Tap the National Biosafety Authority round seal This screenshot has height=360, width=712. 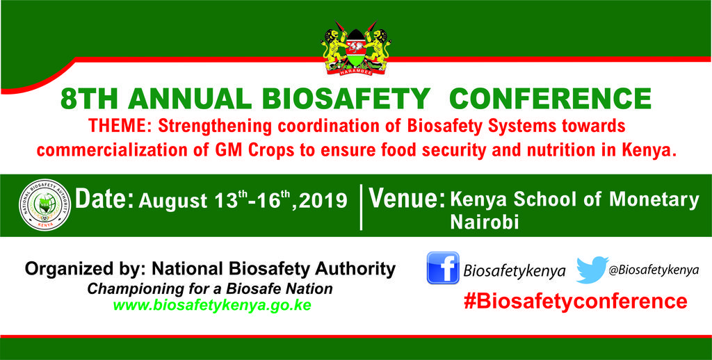pos(45,205)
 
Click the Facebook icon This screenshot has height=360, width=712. pos(443,268)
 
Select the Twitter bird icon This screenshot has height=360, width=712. pos(592,269)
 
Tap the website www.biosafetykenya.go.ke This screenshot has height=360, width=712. pos(212,304)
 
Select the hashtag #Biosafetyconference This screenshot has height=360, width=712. pos(575,302)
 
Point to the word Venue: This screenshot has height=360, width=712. pos(407,199)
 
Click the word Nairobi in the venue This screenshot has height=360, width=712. pos(485,222)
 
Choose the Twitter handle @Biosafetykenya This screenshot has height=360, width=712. pos(654,270)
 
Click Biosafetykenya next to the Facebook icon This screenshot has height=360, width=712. pos(514,272)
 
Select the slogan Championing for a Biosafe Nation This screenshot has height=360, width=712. pos(210,288)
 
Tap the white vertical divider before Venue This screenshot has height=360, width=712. pos(361,207)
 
